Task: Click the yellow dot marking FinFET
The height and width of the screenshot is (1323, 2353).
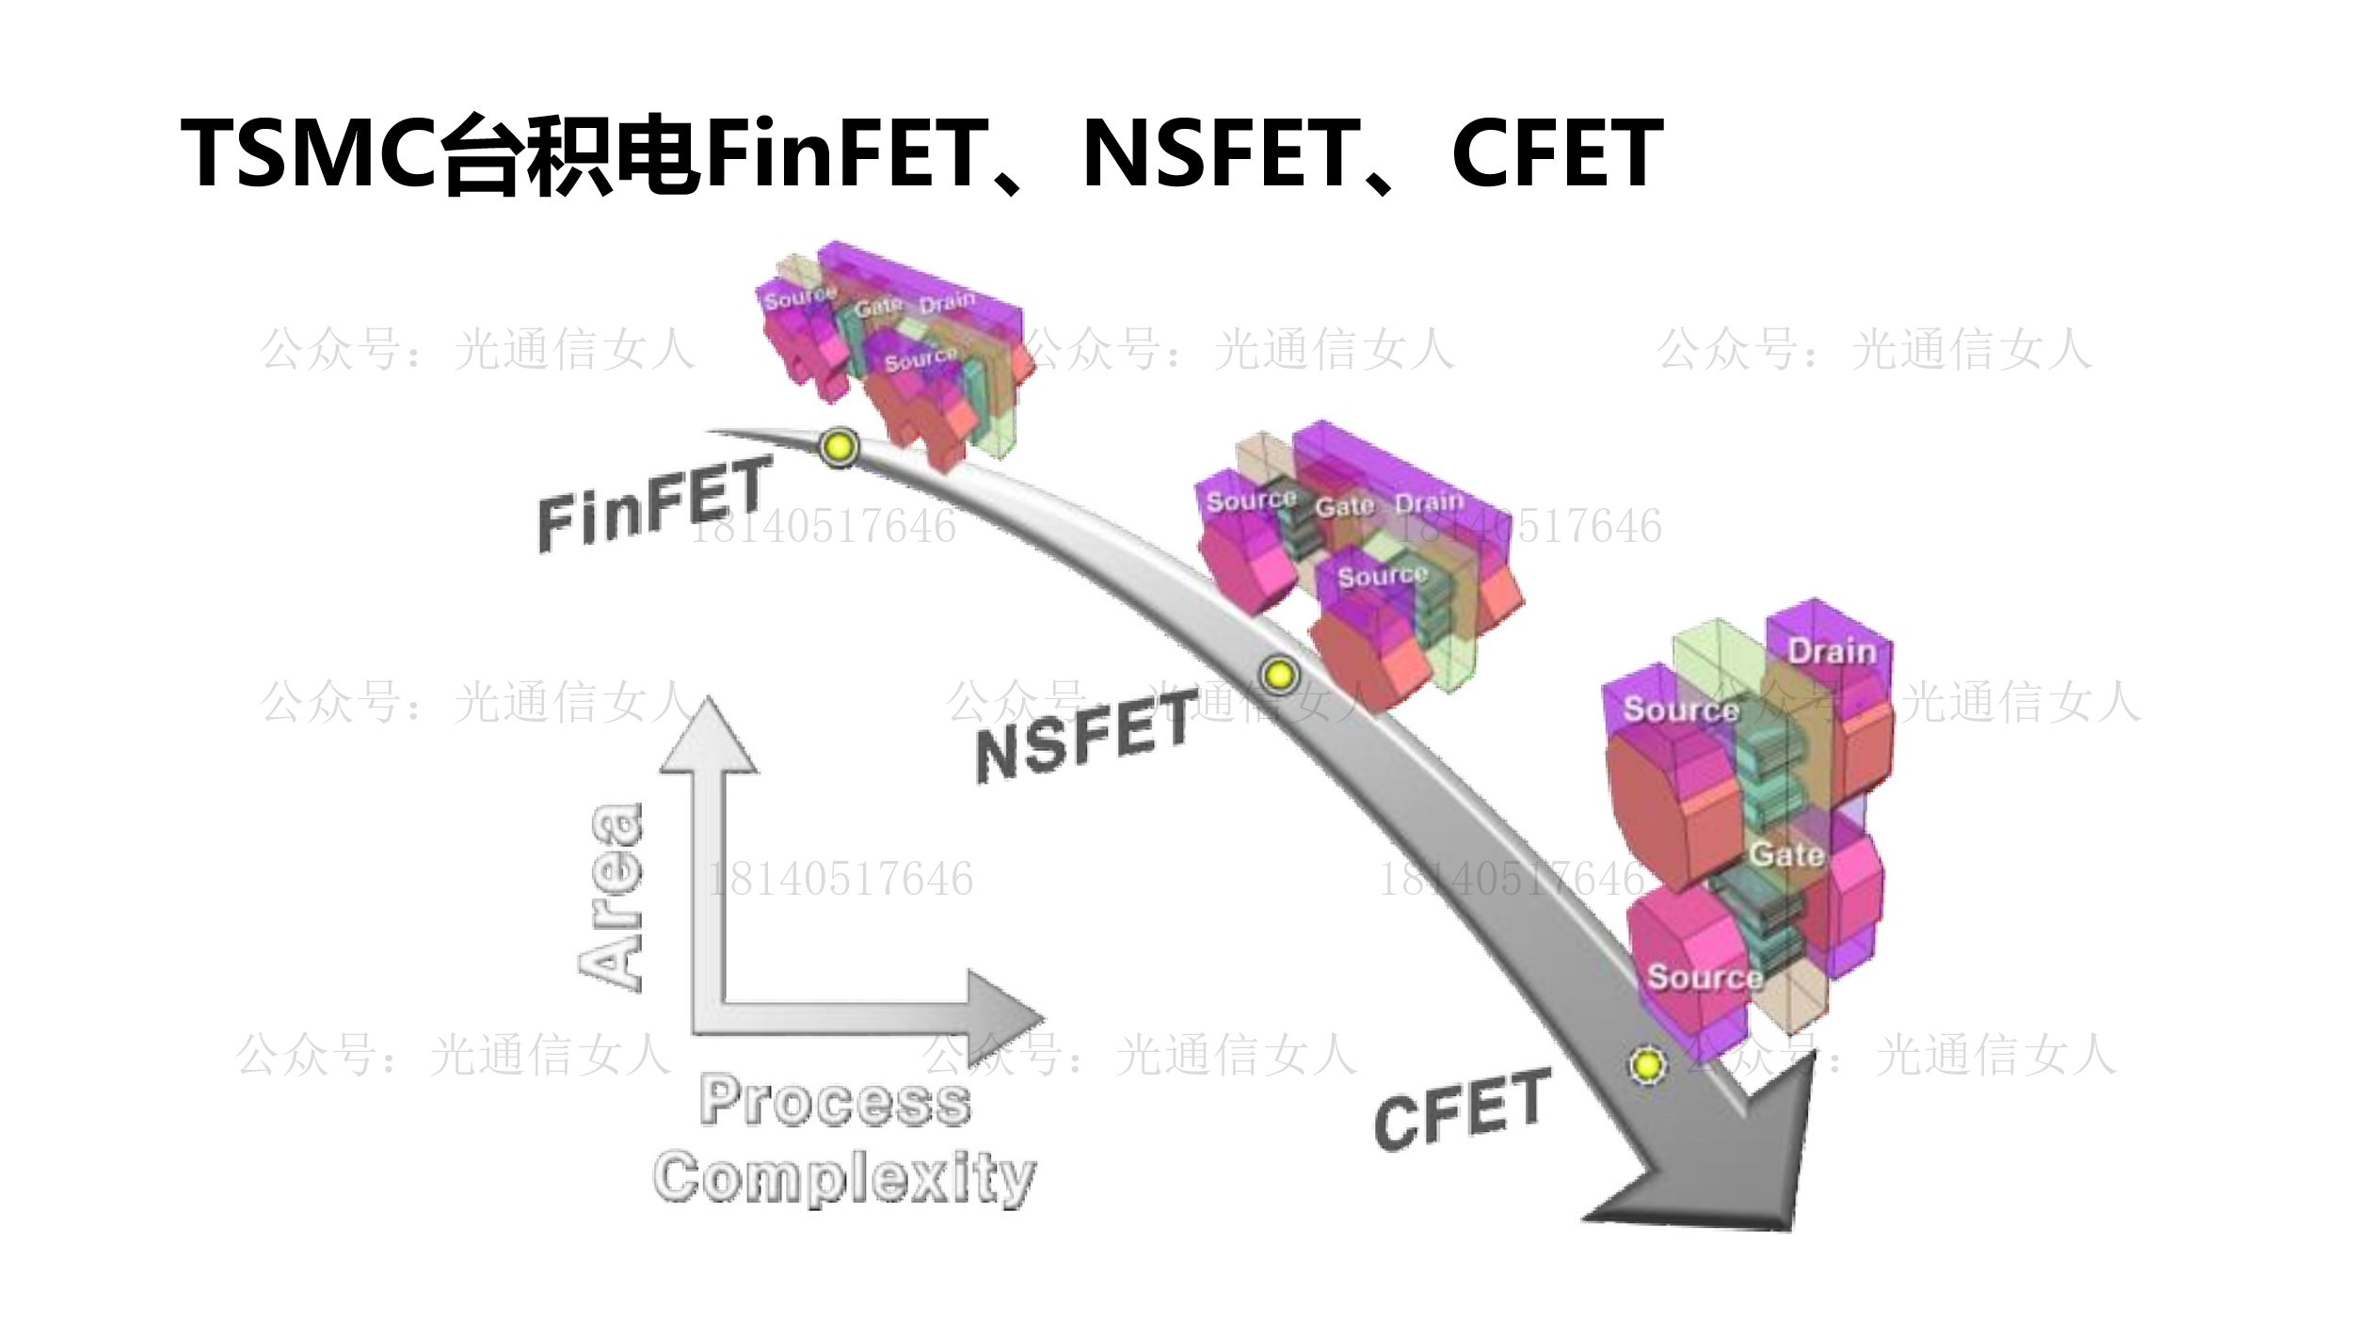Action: (x=839, y=446)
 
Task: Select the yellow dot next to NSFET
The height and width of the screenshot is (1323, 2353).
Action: (x=1279, y=675)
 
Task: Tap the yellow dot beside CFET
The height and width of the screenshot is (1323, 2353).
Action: (x=1647, y=1065)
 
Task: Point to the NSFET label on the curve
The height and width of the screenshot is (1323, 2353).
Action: (x=1086, y=735)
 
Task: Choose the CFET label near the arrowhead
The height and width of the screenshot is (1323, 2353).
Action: (x=1461, y=1108)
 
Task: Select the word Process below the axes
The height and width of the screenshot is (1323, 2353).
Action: (x=835, y=1100)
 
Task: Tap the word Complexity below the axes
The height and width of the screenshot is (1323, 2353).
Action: (x=844, y=1176)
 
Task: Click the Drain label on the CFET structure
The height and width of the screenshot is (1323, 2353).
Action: (x=1831, y=651)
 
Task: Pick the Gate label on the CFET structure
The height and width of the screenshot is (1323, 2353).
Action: (x=1786, y=854)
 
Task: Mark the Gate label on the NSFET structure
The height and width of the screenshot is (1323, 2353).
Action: (x=1344, y=506)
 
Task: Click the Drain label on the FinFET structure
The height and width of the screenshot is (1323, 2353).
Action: (x=947, y=303)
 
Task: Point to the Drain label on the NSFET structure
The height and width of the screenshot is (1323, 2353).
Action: (x=1429, y=502)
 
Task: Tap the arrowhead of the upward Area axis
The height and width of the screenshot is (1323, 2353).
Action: (x=708, y=739)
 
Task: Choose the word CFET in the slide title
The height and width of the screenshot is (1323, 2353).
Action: (x=1557, y=152)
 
